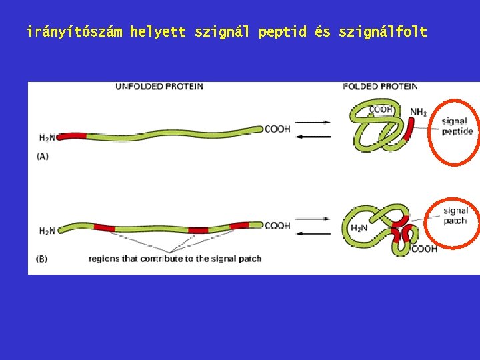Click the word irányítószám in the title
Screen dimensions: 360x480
point(75,31)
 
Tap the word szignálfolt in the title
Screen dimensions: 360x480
point(383,31)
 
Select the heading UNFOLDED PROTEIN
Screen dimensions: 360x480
point(159,86)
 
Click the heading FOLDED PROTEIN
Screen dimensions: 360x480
point(380,86)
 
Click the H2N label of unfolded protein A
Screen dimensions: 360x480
point(47,137)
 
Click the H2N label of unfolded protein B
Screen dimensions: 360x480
point(47,231)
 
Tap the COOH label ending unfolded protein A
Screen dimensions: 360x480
point(277,129)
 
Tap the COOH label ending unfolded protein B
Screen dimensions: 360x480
point(277,225)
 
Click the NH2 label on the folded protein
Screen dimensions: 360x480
point(419,112)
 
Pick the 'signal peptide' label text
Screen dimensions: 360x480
point(457,126)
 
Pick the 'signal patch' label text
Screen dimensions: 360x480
point(456,215)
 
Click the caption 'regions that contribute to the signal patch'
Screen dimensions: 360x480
point(175,258)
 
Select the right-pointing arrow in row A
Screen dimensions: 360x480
point(313,122)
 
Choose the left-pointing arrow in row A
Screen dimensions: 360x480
point(313,137)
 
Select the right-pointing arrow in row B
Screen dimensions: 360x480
point(313,219)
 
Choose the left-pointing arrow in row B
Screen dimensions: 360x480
point(313,233)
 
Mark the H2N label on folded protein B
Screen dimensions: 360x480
point(359,228)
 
